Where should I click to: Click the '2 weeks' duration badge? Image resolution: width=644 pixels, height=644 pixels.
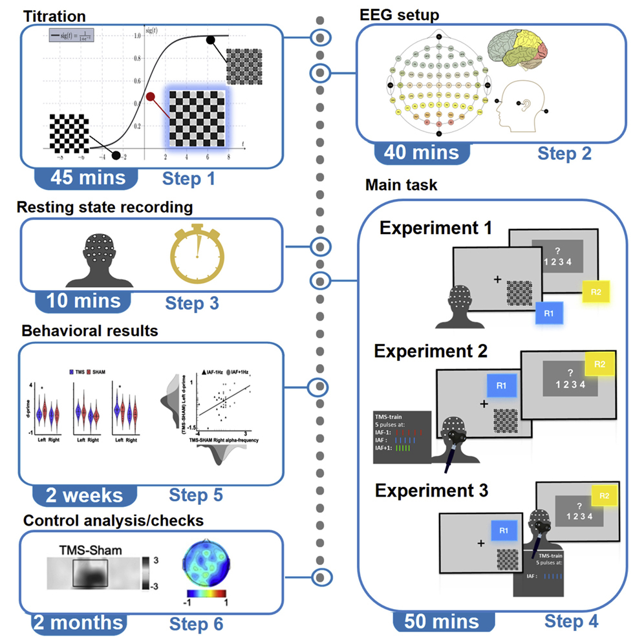coord(83,495)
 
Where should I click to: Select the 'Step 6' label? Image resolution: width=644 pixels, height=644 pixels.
coord(197,624)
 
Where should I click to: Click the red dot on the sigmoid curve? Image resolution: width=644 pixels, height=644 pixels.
coord(151,97)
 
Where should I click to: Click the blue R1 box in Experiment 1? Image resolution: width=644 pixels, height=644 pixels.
coord(549,313)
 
